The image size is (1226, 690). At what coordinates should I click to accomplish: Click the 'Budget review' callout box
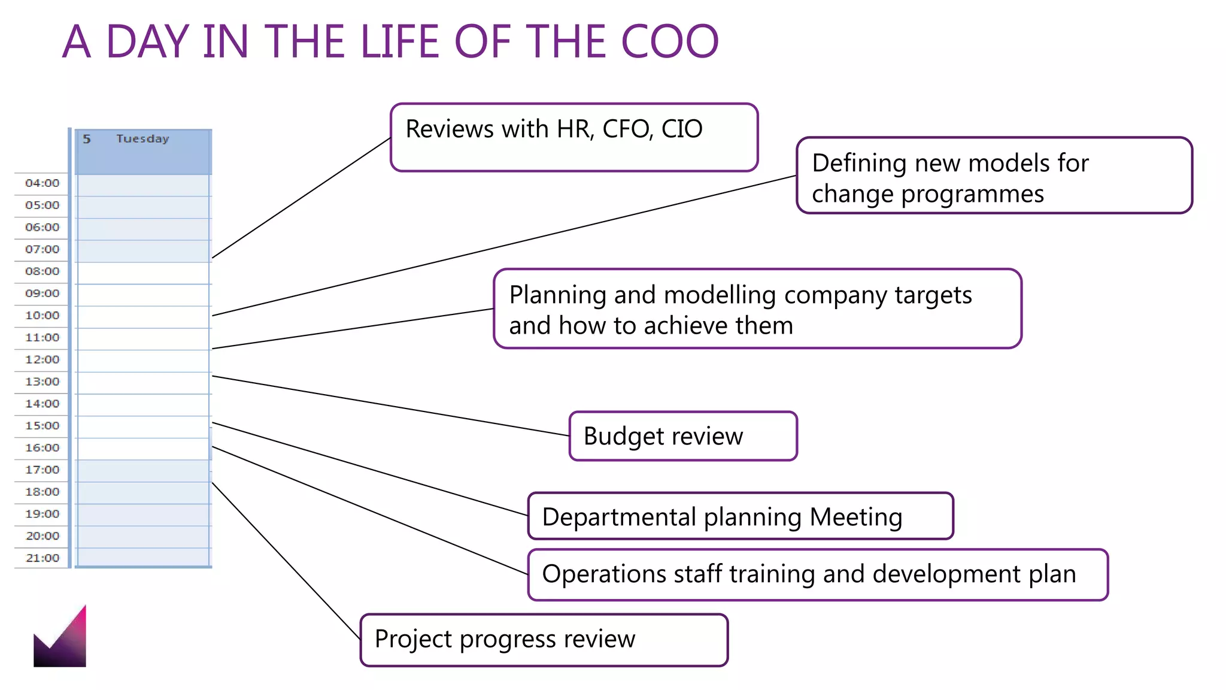pyautogui.click(x=683, y=436)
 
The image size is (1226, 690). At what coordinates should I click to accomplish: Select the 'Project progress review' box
pyautogui.click(x=544, y=640)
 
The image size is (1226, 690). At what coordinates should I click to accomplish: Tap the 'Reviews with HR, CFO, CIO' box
pyautogui.click(x=574, y=137)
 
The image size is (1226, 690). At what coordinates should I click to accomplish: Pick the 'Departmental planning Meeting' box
pyautogui.click(x=741, y=516)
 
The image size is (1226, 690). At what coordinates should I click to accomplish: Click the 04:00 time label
pyautogui.click(x=43, y=183)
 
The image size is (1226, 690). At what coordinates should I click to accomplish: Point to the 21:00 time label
pyautogui.click(x=43, y=558)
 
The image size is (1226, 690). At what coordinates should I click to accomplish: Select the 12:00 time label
pyautogui.click(x=43, y=360)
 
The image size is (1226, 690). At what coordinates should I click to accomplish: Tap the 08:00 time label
pyautogui.click(x=43, y=271)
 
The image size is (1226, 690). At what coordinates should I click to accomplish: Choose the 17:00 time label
pyautogui.click(x=43, y=470)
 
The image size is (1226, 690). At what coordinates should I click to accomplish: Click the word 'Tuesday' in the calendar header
pyautogui.click(x=142, y=139)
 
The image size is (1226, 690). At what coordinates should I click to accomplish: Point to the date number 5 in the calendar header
pyautogui.click(x=87, y=139)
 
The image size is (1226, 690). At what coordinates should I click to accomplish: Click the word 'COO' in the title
pyautogui.click(x=669, y=42)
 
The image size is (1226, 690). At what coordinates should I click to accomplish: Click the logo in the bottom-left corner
pyautogui.click(x=60, y=638)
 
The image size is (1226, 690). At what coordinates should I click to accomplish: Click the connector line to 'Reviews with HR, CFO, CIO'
pyautogui.click(x=302, y=198)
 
